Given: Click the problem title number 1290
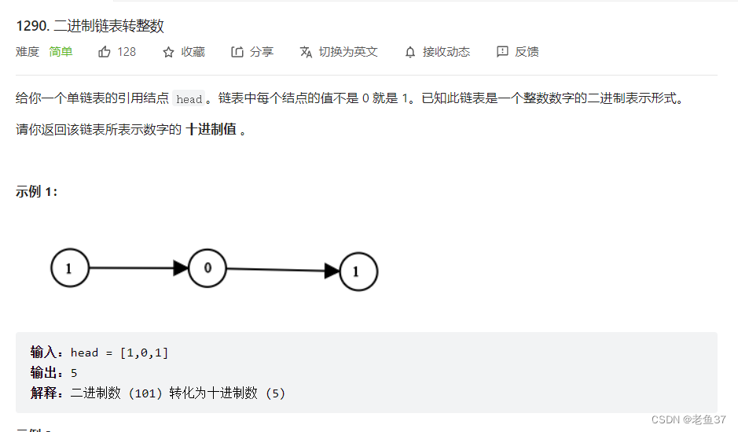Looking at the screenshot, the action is [31, 26].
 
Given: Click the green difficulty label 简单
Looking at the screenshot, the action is [61, 52].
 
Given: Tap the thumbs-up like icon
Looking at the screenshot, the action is [105, 52].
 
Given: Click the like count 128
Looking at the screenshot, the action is [127, 52].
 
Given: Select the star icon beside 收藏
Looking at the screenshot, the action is [168, 52].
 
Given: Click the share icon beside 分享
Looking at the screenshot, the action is [237, 52].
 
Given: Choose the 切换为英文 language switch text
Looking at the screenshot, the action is [348, 52].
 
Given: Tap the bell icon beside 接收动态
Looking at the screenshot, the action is [410, 52].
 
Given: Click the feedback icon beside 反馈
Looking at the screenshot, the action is [503, 52].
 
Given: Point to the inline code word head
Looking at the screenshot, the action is [189, 99].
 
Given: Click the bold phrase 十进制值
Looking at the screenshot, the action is [211, 130].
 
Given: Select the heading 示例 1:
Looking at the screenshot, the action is [36, 192].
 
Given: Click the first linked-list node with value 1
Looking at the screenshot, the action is [69, 268].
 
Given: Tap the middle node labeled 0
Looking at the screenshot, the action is [207, 268].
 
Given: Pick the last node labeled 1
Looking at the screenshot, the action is [358, 271].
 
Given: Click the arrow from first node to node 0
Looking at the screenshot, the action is [138, 268].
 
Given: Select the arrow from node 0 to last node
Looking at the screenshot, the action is [283, 270].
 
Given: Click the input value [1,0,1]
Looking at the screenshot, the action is [144, 353].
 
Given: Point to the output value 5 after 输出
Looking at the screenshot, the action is [74, 373].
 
